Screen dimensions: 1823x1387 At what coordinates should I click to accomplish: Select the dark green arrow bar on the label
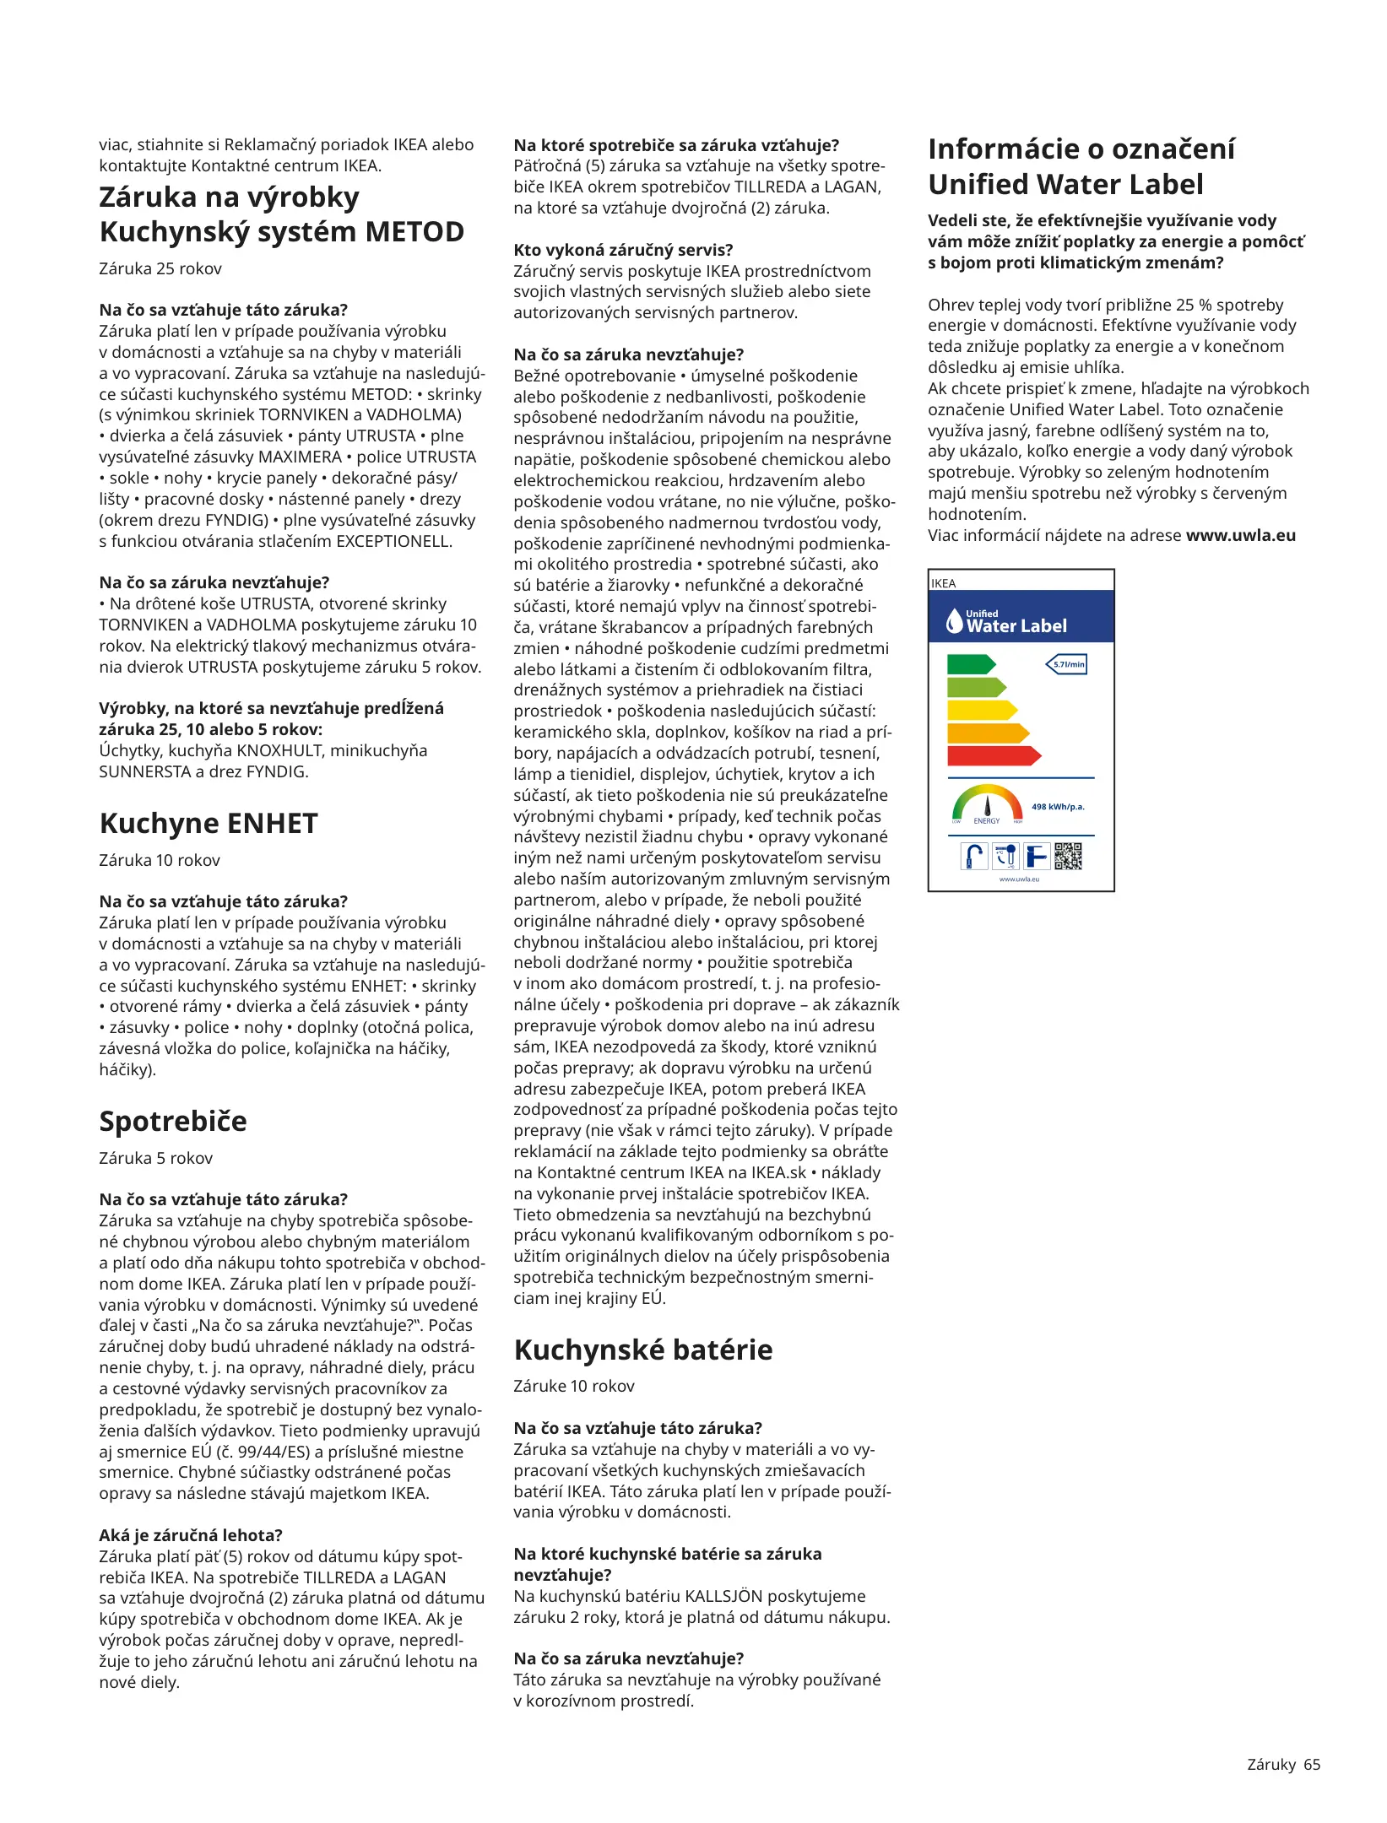971,664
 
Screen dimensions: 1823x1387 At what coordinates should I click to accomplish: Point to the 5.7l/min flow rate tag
1067,664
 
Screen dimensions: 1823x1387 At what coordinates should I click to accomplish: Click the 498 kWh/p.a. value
1058,807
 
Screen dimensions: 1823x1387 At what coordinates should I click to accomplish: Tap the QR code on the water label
1068,856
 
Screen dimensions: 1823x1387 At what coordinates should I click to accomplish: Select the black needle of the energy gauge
987,807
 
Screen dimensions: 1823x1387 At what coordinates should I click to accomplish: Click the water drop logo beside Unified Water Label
954,621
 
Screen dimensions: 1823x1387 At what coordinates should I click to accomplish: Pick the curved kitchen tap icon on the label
974,856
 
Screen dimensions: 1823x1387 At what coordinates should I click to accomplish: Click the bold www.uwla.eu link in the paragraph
1240,535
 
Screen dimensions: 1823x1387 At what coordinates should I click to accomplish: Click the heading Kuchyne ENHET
209,823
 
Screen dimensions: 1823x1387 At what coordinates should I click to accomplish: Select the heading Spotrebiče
173,1121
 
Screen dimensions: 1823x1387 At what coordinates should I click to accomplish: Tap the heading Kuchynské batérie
643,1350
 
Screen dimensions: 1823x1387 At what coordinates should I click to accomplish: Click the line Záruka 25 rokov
160,268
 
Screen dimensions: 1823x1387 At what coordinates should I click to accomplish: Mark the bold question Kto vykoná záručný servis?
623,250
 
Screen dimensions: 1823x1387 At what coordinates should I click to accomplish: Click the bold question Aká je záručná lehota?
191,1535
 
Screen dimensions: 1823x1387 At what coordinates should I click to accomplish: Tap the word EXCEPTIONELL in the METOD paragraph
393,541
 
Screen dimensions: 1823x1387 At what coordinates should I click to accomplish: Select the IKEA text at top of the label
944,583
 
